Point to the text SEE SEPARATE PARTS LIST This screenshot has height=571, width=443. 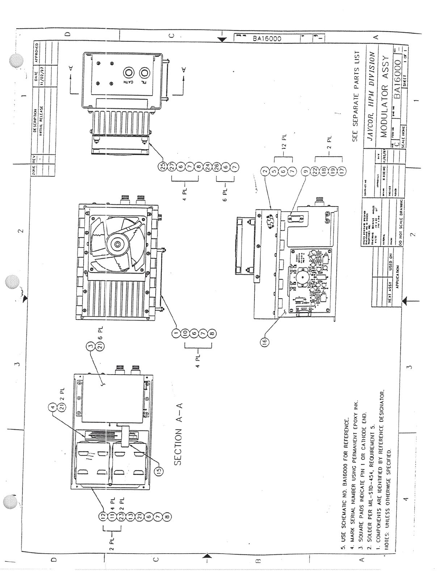click(x=356, y=96)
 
